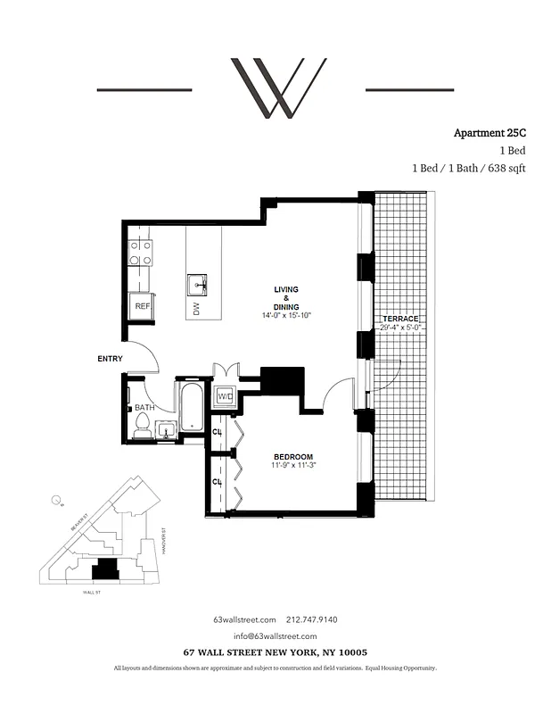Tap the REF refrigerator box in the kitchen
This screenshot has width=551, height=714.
[142, 305]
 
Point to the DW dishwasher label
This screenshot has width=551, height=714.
[195, 309]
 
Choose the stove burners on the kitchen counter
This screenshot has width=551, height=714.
[139, 253]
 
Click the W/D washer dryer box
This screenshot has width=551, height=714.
[226, 395]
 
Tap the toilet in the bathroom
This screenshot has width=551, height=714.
[142, 426]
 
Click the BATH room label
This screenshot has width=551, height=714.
[145, 406]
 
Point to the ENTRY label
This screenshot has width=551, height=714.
[110, 359]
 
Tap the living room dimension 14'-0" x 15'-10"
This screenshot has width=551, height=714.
[286, 316]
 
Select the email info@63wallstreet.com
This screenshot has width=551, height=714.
[275, 635]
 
